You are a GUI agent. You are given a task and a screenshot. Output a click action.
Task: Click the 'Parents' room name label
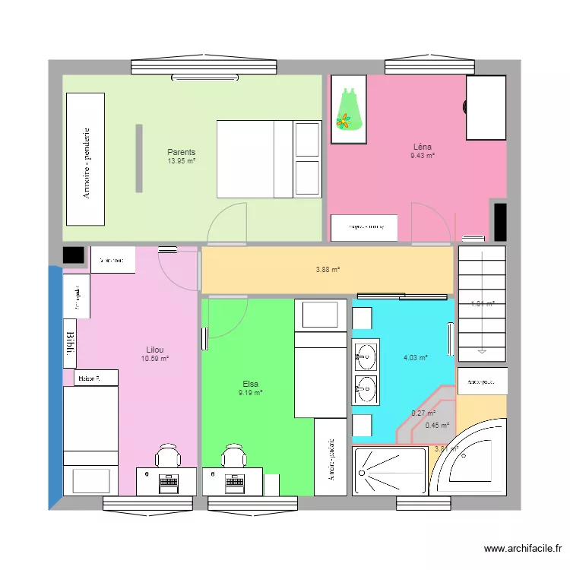point(182,152)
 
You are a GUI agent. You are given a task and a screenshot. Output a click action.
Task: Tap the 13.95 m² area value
point(182,161)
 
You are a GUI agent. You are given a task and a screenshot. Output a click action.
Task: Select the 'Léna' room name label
point(423,147)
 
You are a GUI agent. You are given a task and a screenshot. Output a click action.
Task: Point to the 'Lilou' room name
point(154,350)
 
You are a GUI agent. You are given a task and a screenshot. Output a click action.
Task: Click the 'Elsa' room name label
point(251,384)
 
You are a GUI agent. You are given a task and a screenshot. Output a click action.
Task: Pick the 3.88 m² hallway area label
point(328,269)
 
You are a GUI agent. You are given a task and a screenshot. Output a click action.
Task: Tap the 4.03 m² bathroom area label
point(416,357)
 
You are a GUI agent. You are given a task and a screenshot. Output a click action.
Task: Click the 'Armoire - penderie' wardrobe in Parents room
point(86,160)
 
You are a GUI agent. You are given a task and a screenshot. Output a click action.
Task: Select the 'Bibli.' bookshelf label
point(70,345)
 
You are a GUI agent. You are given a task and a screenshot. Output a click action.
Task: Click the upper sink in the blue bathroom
point(366,355)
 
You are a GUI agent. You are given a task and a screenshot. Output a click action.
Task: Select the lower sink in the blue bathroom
point(366,388)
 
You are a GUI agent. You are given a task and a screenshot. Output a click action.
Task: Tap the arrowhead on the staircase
point(482,351)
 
